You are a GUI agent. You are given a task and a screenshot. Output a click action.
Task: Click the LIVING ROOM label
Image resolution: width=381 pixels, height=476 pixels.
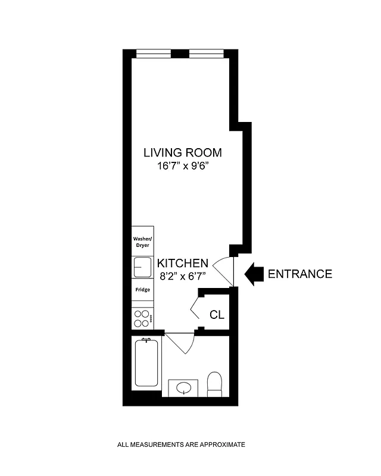pyautogui.click(x=183, y=152)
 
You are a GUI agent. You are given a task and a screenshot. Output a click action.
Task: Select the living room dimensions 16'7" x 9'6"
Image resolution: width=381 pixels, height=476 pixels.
pyautogui.click(x=183, y=167)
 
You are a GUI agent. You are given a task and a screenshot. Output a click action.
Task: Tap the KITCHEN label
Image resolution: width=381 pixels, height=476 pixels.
pyautogui.click(x=182, y=263)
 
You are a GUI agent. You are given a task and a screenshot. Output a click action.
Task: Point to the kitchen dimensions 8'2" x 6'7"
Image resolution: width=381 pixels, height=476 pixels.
pyautogui.click(x=182, y=275)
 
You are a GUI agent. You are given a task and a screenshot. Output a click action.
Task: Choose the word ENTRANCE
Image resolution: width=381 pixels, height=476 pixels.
pyautogui.click(x=299, y=274)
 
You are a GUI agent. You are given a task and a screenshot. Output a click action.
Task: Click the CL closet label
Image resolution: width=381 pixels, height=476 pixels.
pyautogui.click(x=217, y=314)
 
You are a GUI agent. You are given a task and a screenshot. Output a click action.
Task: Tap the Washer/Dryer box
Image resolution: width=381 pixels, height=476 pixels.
pyautogui.click(x=142, y=241)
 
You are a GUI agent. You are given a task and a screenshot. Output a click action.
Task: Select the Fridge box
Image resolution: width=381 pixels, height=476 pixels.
pyautogui.click(x=142, y=290)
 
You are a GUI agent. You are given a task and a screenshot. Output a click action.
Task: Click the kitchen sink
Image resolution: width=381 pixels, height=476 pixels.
pyautogui.click(x=142, y=267)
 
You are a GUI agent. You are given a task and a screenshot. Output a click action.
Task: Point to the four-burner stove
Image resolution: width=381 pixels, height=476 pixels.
pyautogui.click(x=142, y=318)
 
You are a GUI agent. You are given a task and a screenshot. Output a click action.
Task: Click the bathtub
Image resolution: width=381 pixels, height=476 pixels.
pyautogui.click(x=146, y=362)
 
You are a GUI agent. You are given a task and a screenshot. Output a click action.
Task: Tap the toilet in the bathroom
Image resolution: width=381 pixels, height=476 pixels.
pyautogui.click(x=214, y=384)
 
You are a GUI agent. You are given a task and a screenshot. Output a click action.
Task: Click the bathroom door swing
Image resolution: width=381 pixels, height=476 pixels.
pyautogui.click(x=180, y=343)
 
